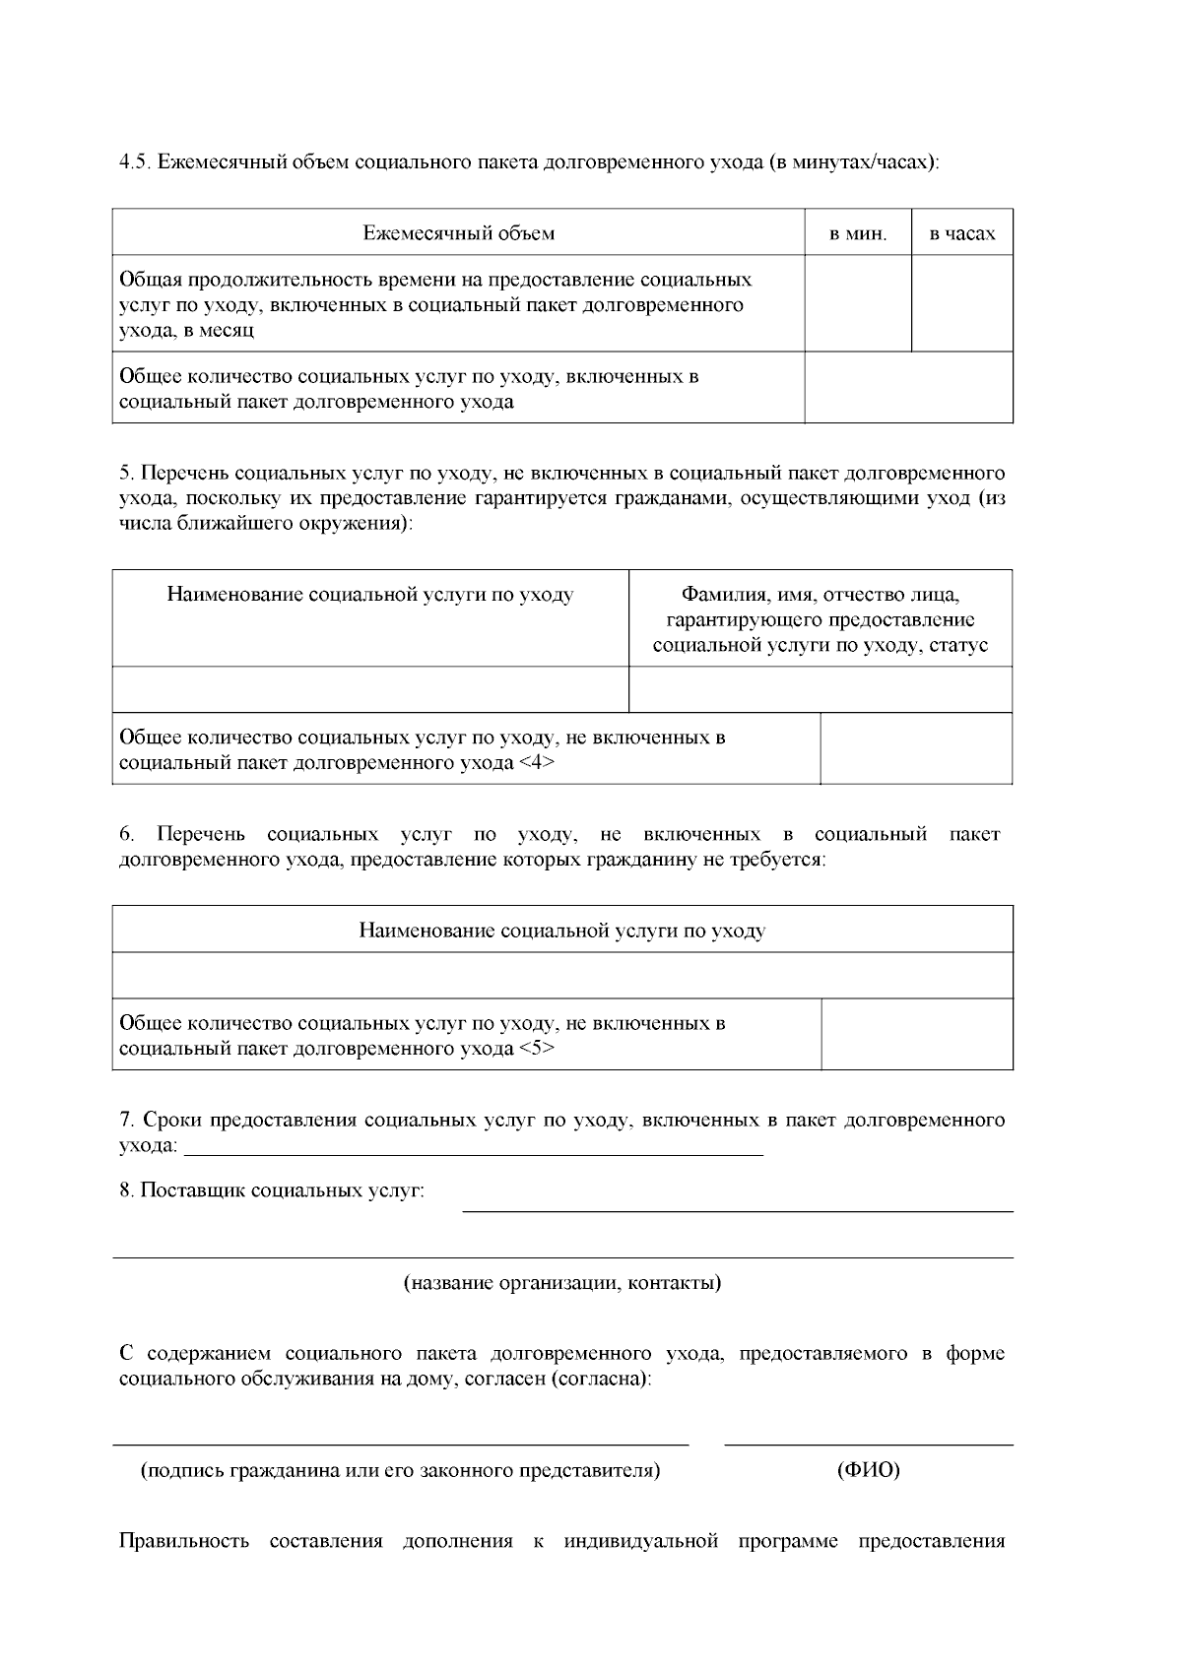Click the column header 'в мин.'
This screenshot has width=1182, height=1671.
click(x=858, y=234)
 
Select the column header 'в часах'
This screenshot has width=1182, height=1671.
click(x=962, y=234)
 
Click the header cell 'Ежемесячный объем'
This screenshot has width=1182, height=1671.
click(x=458, y=233)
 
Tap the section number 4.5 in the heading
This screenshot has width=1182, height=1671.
click(x=133, y=161)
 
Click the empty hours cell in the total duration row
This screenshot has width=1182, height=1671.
click(x=962, y=303)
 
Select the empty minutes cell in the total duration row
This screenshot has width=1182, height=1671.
click(x=858, y=303)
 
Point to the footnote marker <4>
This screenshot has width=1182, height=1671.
click(x=536, y=763)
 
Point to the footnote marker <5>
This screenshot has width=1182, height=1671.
click(x=536, y=1049)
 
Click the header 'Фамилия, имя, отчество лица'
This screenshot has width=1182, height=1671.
click(x=821, y=595)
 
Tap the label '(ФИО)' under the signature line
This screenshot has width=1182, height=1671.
click(x=869, y=1471)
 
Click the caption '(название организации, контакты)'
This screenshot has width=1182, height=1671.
click(x=562, y=1283)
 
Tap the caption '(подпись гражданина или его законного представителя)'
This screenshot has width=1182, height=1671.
click(x=401, y=1471)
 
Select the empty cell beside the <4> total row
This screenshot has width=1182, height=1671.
click(x=916, y=748)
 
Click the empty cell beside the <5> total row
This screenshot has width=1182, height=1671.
click(x=916, y=1034)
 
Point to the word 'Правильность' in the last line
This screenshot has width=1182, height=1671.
click(x=184, y=1541)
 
